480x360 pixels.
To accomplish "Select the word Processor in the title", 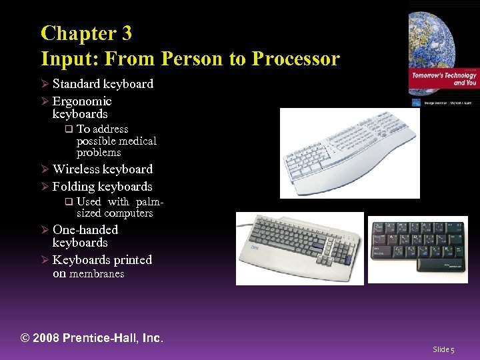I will tap(295, 59).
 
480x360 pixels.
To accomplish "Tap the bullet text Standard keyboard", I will tap(103, 84).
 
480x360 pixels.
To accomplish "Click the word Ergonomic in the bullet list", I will tap(82, 101).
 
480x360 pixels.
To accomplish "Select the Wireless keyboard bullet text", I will tap(103, 169).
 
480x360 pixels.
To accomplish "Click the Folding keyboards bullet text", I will tap(103, 187).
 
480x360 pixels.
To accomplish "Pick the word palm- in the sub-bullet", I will tap(149, 201).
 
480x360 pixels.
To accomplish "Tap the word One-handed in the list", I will tap(85, 230).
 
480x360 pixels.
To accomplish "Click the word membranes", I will tap(97, 274).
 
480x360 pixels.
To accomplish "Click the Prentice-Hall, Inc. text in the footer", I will tap(113, 338).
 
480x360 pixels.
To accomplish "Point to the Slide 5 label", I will tap(443, 349).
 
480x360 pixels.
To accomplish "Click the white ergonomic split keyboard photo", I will tap(349, 153).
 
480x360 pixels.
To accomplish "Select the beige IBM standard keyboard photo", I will tap(299, 249).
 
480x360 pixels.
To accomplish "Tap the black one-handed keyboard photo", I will tap(418, 249).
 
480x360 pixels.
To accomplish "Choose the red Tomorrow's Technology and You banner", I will tap(443, 79).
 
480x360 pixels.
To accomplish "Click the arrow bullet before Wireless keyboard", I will tap(45, 169).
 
